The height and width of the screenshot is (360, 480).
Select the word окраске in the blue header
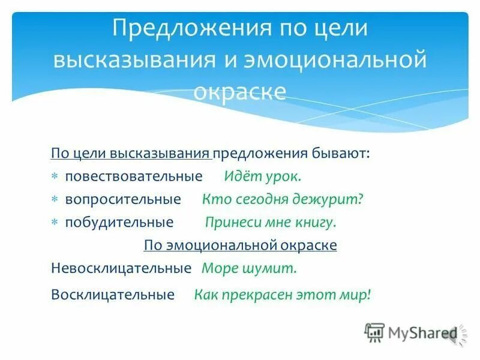[239, 91]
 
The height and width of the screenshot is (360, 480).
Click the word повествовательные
[134, 177]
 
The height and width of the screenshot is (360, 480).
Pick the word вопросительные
[123, 199]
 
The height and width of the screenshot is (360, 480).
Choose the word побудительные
[119, 223]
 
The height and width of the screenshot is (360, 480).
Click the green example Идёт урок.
[263, 177]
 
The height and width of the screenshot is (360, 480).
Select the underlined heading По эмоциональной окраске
[240, 245]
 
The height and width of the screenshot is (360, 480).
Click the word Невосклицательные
[121, 268]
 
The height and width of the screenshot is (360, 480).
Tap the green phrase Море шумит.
[249, 268]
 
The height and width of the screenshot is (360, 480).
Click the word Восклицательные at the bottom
[113, 295]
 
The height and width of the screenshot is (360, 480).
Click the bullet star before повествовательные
[55, 178]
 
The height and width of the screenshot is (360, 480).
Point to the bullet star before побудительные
[55, 223]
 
